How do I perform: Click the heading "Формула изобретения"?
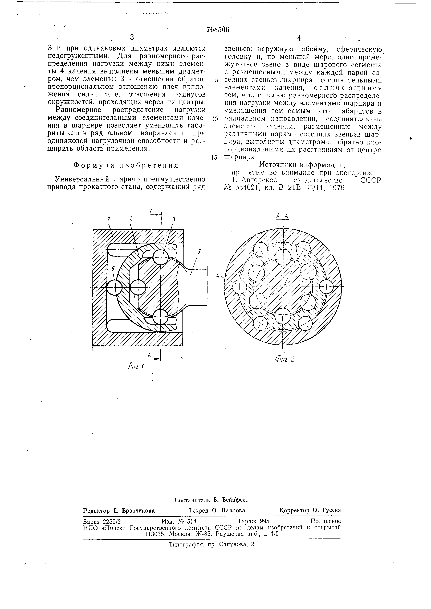[126, 165]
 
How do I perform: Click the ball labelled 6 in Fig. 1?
[114, 287]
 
